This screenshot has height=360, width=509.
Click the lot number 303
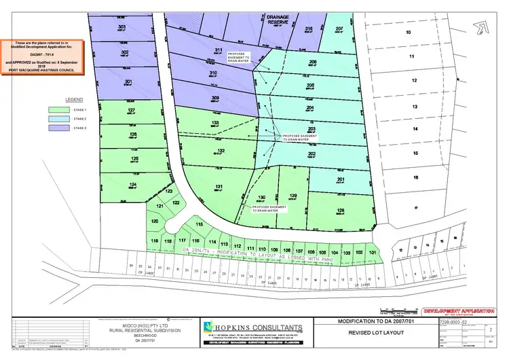[x=122, y=27]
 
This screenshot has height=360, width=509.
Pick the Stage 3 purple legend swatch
[x=62, y=127]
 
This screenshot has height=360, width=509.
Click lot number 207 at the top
[x=340, y=29]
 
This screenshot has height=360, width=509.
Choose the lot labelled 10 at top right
[x=408, y=32]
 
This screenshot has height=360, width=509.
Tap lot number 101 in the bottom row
[x=373, y=252]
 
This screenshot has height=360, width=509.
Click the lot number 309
[x=215, y=98]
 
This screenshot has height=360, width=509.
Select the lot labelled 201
[x=341, y=179]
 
